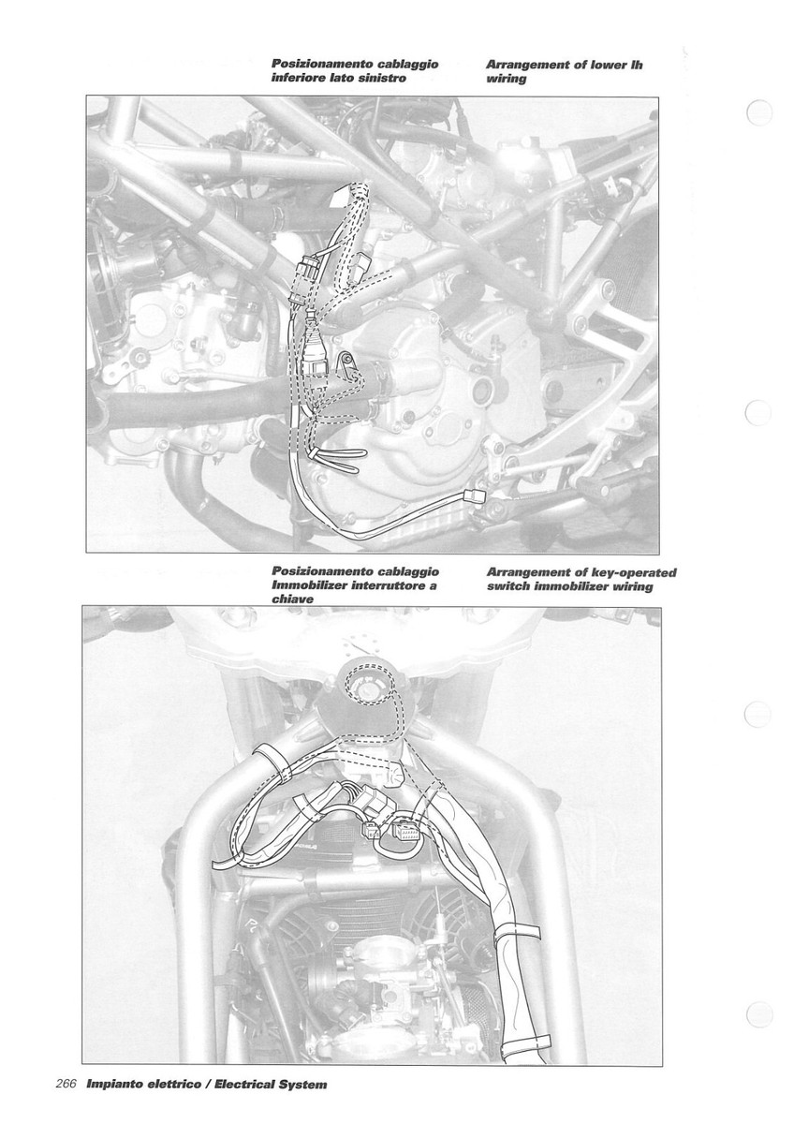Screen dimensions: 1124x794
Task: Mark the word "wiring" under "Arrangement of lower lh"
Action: click(x=507, y=80)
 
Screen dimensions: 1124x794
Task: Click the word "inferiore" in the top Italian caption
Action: click(x=302, y=80)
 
